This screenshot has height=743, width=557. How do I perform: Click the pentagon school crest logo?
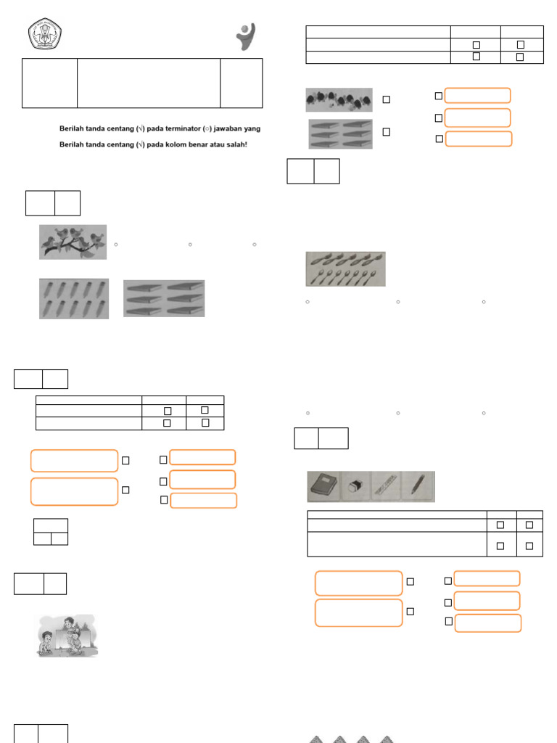pos(45,33)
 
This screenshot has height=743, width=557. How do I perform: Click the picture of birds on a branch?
pos(73,242)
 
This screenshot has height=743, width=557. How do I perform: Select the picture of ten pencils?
pos(73,298)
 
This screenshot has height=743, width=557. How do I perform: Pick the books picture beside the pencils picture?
pos(164,298)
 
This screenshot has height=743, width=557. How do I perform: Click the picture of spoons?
pos(345,269)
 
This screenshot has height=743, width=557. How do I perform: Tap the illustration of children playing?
pos(67,636)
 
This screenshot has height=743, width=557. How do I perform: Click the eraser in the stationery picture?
pos(355,487)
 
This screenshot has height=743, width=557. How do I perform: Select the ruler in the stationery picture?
pos(387,487)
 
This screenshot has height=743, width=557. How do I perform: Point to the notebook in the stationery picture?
pos(323,487)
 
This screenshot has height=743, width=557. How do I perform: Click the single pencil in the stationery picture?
pos(418,485)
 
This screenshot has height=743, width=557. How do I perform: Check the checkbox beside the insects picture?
pos(387,99)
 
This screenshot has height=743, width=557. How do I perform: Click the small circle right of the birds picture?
pos(116,245)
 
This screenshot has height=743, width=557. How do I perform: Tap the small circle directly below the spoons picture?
pos(308,301)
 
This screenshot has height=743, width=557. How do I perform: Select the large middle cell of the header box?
pos(149,83)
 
